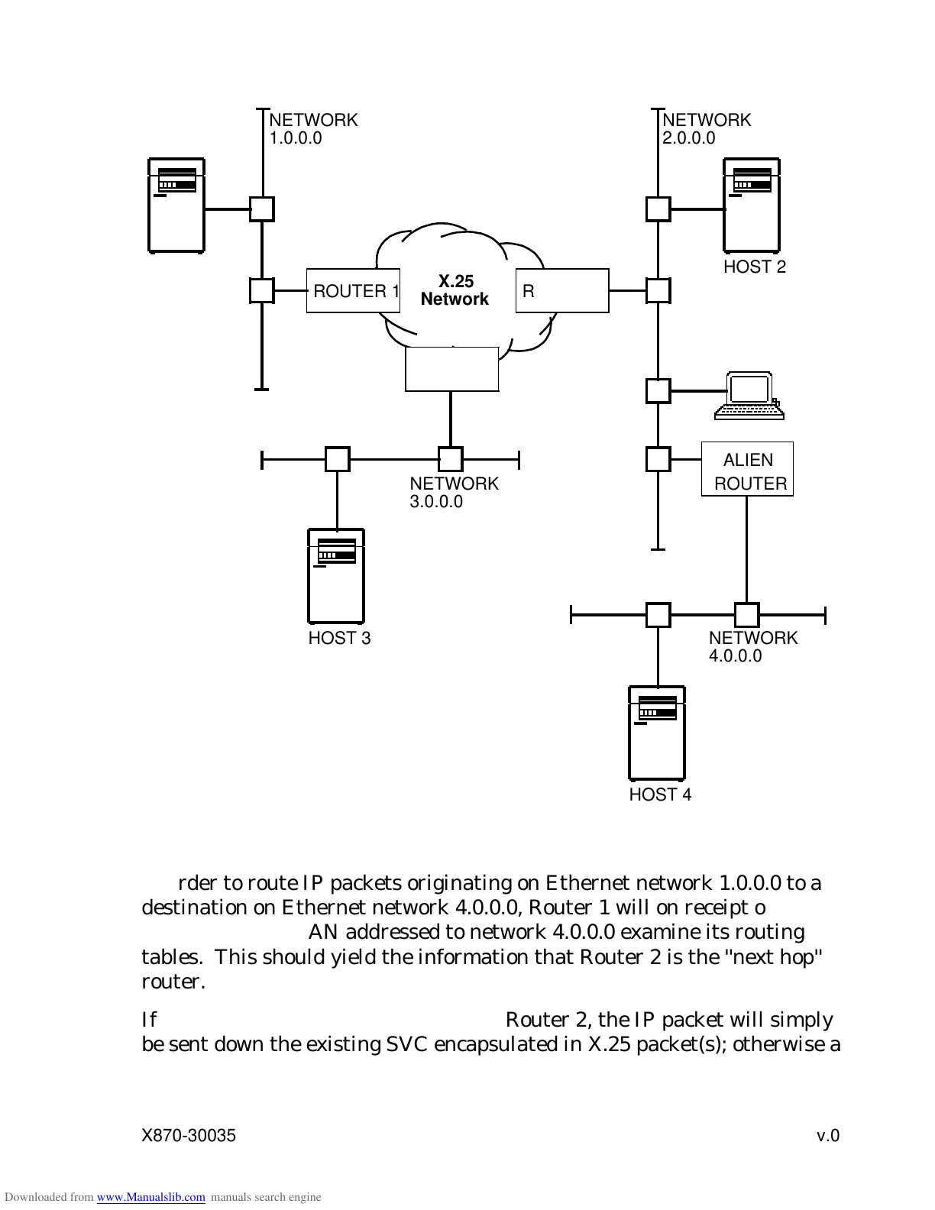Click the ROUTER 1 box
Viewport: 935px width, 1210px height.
353,291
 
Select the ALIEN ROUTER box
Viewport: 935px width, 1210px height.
747,470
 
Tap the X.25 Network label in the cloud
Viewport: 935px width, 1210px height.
455,291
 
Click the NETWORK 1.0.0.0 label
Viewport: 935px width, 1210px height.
313,129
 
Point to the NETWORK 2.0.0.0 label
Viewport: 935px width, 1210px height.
707,129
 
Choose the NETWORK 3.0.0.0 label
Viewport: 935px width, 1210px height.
454,493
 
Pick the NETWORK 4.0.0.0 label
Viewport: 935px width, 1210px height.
752,647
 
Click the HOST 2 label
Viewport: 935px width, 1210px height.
754,267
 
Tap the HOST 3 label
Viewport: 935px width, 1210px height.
339,639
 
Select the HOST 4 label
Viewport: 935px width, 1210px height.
660,795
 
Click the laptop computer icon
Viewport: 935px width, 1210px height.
749,396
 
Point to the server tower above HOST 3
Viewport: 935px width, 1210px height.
336,576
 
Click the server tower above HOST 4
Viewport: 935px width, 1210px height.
657,733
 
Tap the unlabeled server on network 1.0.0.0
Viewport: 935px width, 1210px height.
176,205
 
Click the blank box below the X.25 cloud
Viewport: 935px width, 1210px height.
451,370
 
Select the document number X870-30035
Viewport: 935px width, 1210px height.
189,1136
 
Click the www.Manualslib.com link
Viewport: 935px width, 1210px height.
150,1198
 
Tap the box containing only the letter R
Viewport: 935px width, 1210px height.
562,291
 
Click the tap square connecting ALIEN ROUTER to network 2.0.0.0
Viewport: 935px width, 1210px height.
658,460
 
